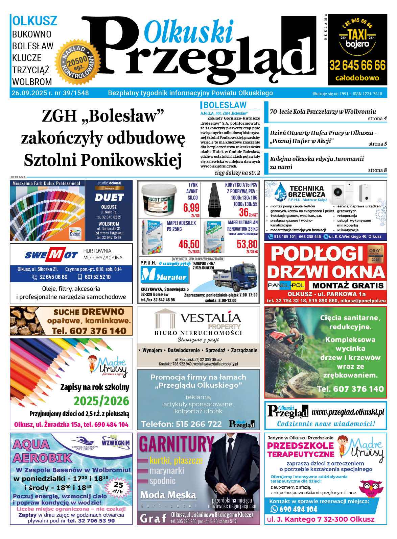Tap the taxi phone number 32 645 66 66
pyautogui.click(x=357, y=65)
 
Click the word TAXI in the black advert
pyautogui.click(x=357, y=35)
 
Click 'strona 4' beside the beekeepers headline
pyautogui.click(x=377, y=119)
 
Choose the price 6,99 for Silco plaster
pyautogui.click(x=191, y=207)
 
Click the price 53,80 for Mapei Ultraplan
pyautogui.click(x=247, y=244)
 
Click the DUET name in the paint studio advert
pyautogui.click(x=109, y=198)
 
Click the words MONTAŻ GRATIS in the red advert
pyautogui.click(x=348, y=285)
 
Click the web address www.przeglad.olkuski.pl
pyautogui.click(x=348, y=412)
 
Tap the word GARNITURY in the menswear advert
pyautogui.click(x=176, y=444)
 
